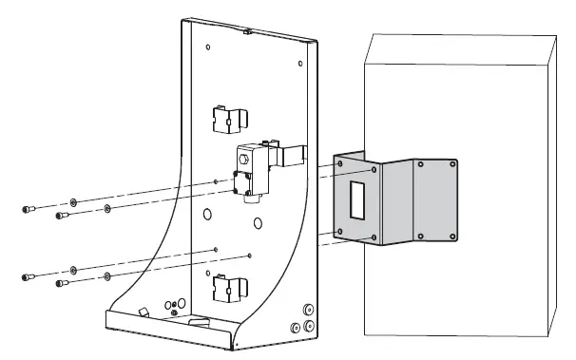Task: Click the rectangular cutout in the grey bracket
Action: pos(354,199)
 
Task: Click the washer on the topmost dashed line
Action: pos(73,201)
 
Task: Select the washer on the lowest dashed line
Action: pos(106,276)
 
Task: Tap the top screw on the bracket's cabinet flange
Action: pos(451,163)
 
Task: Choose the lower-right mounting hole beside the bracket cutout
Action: pos(374,235)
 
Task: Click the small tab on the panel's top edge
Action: pos(244,31)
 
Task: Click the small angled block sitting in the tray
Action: pos(144,313)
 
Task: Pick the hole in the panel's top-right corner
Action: pos(300,64)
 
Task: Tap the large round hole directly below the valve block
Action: pos(258,224)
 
